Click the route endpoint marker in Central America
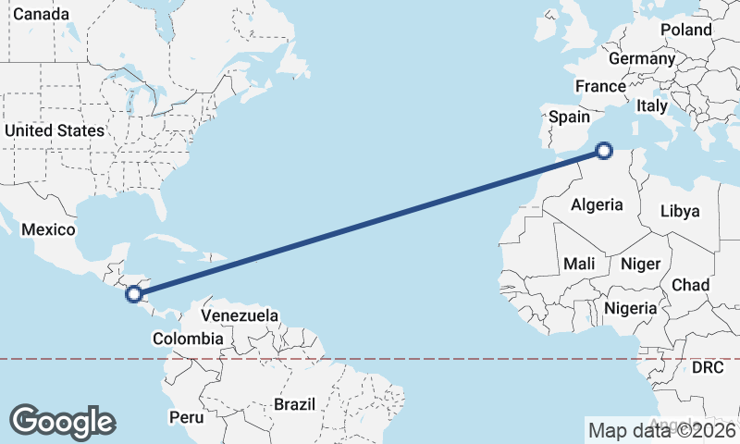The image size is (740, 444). pyautogui.click(x=134, y=294)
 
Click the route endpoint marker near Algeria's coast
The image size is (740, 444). pyautogui.click(x=604, y=150)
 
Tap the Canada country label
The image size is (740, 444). pyautogui.click(x=41, y=15)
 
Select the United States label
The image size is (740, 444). pyautogui.click(x=55, y=130)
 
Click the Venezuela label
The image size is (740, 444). pyautogui.click(x=240, y=315)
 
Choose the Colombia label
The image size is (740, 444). pyautogui.click(x=189, y=339)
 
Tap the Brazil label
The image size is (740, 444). pyautogui.click(x=295, y=404)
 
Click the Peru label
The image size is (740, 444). pyautogui.click(x=186, y=417)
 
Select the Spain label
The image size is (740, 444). pyautogui.click(x=569, y=117)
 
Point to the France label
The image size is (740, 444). pyautogui.click(x=600, y=86)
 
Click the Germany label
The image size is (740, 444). pyautogui.click(x=642, y=58)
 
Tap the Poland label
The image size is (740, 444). pyautogui.click(x=686, y=30)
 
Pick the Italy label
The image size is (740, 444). pyautogui.click(x=651, y=106)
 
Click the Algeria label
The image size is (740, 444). pyautogui.click(x=597, y=204)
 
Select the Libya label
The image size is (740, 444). pyautogui.click(x=680, y=211)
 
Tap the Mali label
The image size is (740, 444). pyautogui.click(x=579, y=264)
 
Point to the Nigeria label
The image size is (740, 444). pyautogui.click(x=630, y=307)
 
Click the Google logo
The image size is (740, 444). pyautogui.click(x=62, y=421)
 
